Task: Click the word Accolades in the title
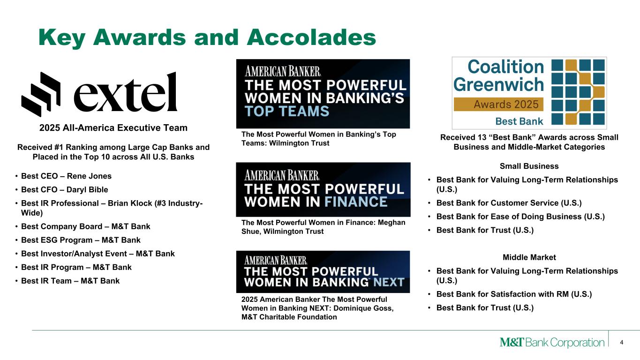(x=311, y=37)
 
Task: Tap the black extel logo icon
(x=41, y=94)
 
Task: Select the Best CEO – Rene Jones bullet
(x=66, y=176)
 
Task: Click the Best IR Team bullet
(x=70, y=281)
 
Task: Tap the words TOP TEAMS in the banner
(x=287, y=111)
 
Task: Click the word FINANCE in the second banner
(x=356, y=202)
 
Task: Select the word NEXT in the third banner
(x=389, y=282)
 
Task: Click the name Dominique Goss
(x=363, y=308)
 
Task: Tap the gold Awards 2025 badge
(x=498, y=104)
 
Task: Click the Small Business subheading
(x=529, y=166)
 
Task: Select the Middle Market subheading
(x=529, y=257)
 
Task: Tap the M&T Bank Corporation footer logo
(x=552, y=342)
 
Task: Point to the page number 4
(x=622, y=342)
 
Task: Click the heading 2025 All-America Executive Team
(x=113, y=127)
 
